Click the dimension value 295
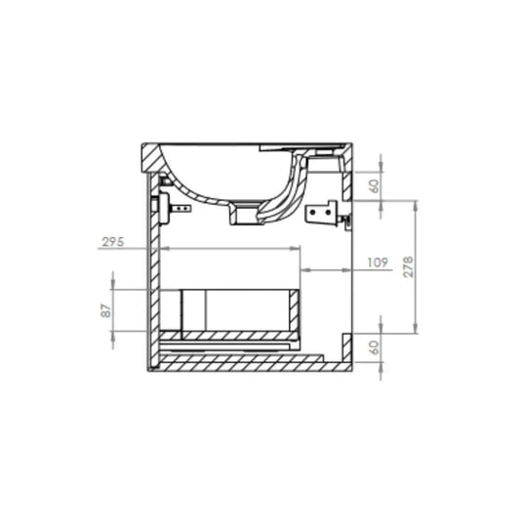tap(113, 242)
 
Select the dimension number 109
tap(378, 262)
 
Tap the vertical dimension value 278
tap(408, 266)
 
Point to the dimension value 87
tap(106, 310)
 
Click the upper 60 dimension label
tap(375, 186)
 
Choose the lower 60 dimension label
tap(375, 347)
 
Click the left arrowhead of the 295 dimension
tap(166, 249)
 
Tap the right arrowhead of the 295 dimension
tap(295, 249)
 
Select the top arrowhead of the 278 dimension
tap(415, 206)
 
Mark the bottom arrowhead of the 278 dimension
tap(415, 328)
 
